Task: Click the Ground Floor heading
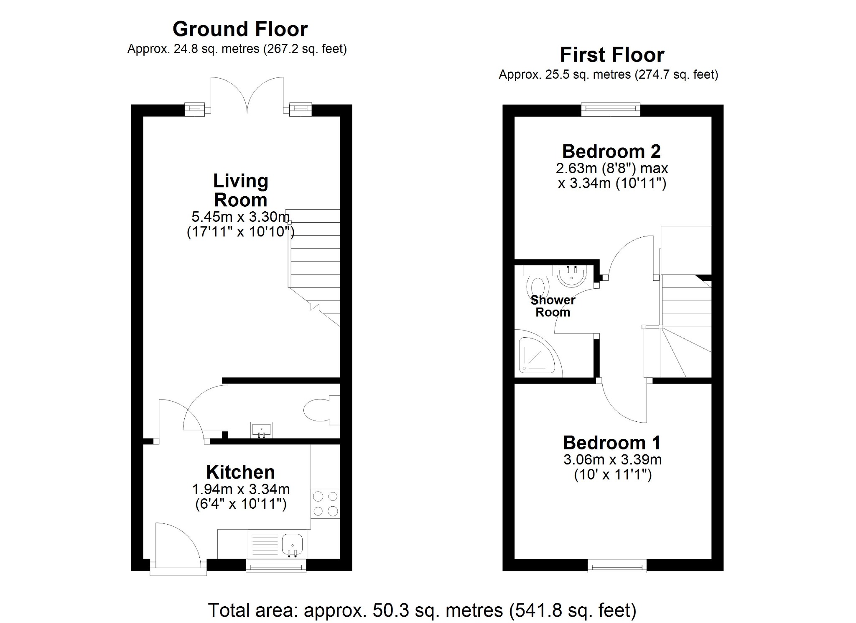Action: tap(240, 29)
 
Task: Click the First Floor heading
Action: tap(612, 55)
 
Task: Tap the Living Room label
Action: tap(240, 190)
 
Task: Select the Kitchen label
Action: tap(240, 472)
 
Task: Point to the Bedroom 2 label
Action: tap(611, 151)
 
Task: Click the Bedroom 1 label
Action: tap(612, 443)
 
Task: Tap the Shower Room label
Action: tap(553, 306)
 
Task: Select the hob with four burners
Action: tap(325, 504)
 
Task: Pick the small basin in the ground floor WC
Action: tap(261, 429)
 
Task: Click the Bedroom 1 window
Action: tap(617, 567)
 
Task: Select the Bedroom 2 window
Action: tap(611, 110)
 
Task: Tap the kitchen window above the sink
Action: tap(276, 567)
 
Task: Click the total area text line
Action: tap(422, 610)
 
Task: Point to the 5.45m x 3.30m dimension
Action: tap(240, 217)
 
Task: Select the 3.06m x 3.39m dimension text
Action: tap(612, 460)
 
